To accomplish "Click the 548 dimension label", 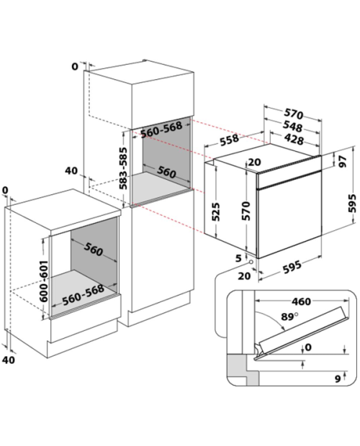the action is point(293,127).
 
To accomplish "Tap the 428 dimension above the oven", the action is point(294,139).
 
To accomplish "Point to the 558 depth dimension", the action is point(230,140).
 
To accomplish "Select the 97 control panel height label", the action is point(343,162).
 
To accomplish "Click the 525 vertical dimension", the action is point(216,211).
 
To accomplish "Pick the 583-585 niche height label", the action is point(123,168).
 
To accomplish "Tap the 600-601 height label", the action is point(43,281).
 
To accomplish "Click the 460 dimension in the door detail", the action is point(301,301).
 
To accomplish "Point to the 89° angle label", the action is point(289,317).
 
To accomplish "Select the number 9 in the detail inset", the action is point(338,379).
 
